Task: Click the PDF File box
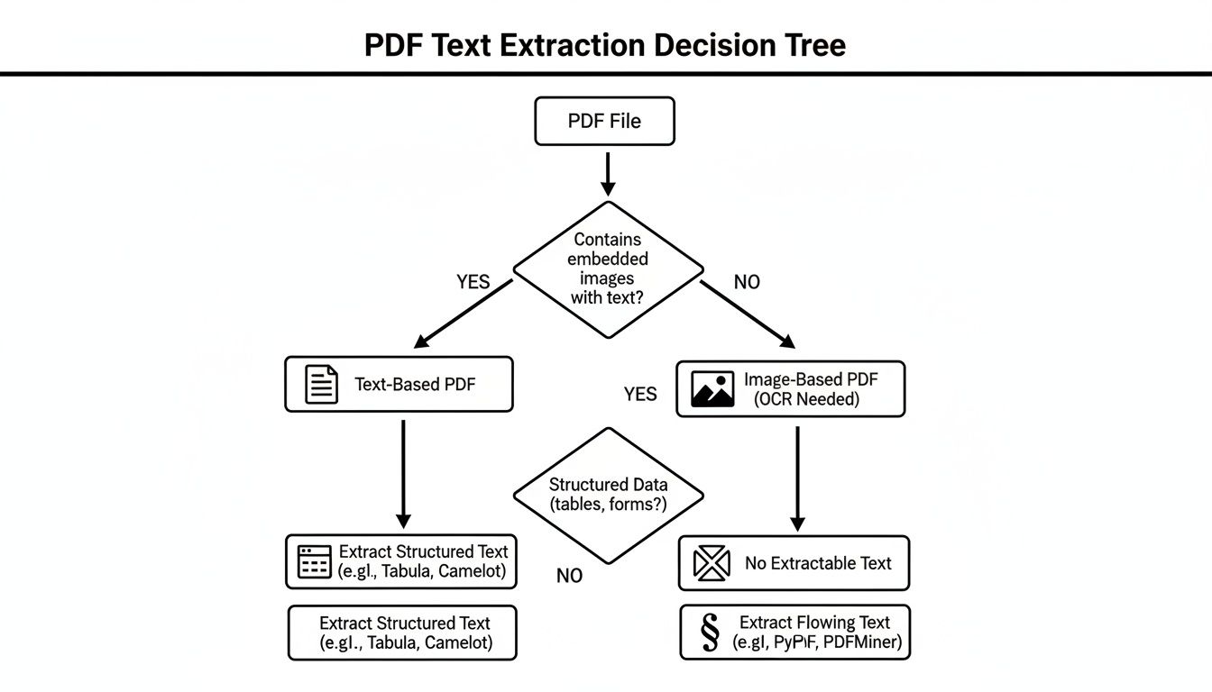(604, 122)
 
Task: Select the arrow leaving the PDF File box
(608, 173)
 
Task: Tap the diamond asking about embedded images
(608, 269)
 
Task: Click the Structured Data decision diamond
(608, 495)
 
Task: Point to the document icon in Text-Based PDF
(322, 385)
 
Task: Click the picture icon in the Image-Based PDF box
(712, 389)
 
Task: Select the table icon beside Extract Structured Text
(315, 561)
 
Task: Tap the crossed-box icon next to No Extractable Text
(711, 563)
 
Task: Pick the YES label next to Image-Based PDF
(640, 394)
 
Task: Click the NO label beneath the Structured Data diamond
(569, 576)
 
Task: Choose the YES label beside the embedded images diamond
(473, 282)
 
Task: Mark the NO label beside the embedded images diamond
(747, 282)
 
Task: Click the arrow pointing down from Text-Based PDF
(403, 473)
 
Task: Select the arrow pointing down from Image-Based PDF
(797, 478)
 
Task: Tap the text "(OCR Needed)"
(806, 399)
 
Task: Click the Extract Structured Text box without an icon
(402, 633)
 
